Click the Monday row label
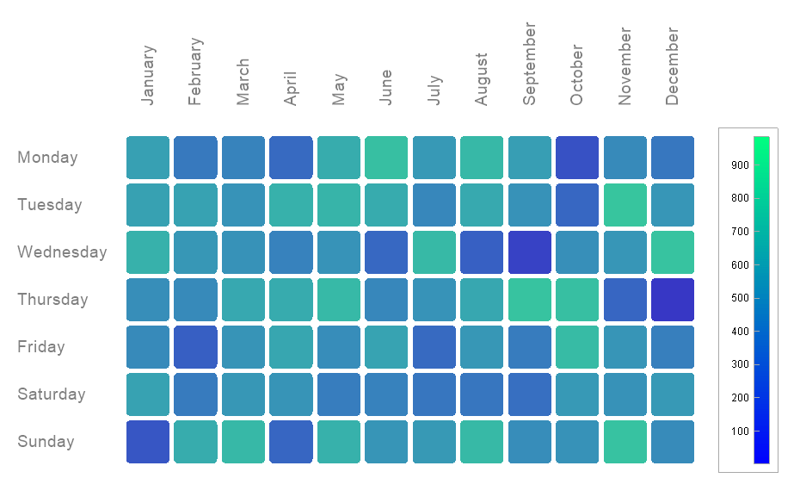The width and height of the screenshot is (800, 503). tap(47, 158)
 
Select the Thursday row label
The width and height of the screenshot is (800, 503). tap(52, 300)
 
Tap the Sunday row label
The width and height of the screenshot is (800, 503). tap(46, 442)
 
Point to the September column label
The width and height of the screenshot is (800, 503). tap(529, 65)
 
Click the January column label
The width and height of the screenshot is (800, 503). tap(148, 76)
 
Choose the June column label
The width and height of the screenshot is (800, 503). tap(385, 87)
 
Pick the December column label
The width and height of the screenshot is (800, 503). tap(672, 66)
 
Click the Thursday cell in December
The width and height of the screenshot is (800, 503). tap(672, 300)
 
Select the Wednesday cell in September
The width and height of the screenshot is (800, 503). tap(529, 252)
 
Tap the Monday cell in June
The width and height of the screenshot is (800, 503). tap(386, 158)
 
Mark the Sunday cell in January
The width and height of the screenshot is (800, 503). tap(148, 442)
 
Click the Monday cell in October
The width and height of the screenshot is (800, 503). tap(576, 158)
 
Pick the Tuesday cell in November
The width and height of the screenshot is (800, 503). tap(625, 205)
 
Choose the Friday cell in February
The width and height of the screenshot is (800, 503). tap(195, 347)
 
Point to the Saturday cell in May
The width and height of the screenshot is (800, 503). tap(338, 394)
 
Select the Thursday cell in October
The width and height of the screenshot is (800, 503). tap(576, 300)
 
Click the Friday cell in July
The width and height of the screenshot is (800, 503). tap(434, 347)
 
